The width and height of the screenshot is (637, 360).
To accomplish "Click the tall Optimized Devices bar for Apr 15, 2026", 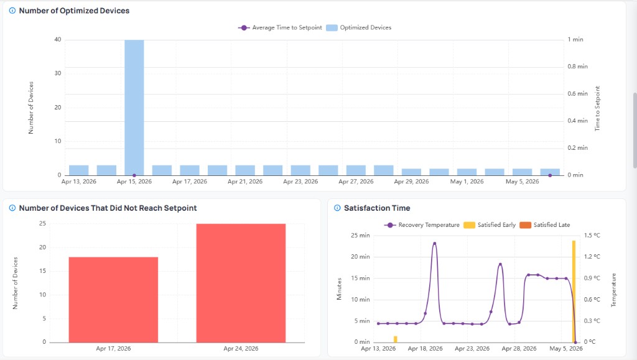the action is tap(134, 108).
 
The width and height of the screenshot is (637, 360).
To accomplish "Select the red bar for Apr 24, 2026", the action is tap(241, 283).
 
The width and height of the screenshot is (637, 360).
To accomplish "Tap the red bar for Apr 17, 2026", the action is tap(113, 300).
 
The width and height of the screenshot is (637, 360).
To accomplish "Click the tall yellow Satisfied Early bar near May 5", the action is tap(574, 292).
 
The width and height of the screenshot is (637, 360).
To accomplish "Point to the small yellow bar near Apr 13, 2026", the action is tap(395, 339).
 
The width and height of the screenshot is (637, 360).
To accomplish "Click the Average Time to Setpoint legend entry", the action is tap(280, 27).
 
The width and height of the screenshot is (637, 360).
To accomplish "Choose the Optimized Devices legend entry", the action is tap(359, 27).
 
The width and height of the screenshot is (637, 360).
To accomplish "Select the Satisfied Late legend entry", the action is tap(545, 225).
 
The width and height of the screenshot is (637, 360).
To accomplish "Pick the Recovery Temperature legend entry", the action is tap(422, 225).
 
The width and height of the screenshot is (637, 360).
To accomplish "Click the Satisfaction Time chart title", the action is tap(377, 208).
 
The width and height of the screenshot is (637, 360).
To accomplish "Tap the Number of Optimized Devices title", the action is tap(75, 11).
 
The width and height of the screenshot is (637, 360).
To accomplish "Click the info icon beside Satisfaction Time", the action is tap(337, 208).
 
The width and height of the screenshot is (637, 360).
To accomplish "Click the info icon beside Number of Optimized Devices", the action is tap(12, 11).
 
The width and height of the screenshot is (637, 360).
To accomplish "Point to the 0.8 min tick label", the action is tap(578, 67).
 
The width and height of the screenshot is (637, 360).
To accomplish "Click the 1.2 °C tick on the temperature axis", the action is tap(592, 257).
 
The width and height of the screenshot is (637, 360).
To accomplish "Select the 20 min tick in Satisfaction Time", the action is tap(360, 257).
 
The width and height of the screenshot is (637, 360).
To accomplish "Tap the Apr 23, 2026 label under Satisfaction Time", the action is tap(472, 349).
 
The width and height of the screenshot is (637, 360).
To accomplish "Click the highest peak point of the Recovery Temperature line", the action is tap(435, 244).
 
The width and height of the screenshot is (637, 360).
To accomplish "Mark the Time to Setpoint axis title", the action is tap(597, 108).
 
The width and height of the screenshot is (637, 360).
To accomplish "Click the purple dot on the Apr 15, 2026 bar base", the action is tap(134, 175).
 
